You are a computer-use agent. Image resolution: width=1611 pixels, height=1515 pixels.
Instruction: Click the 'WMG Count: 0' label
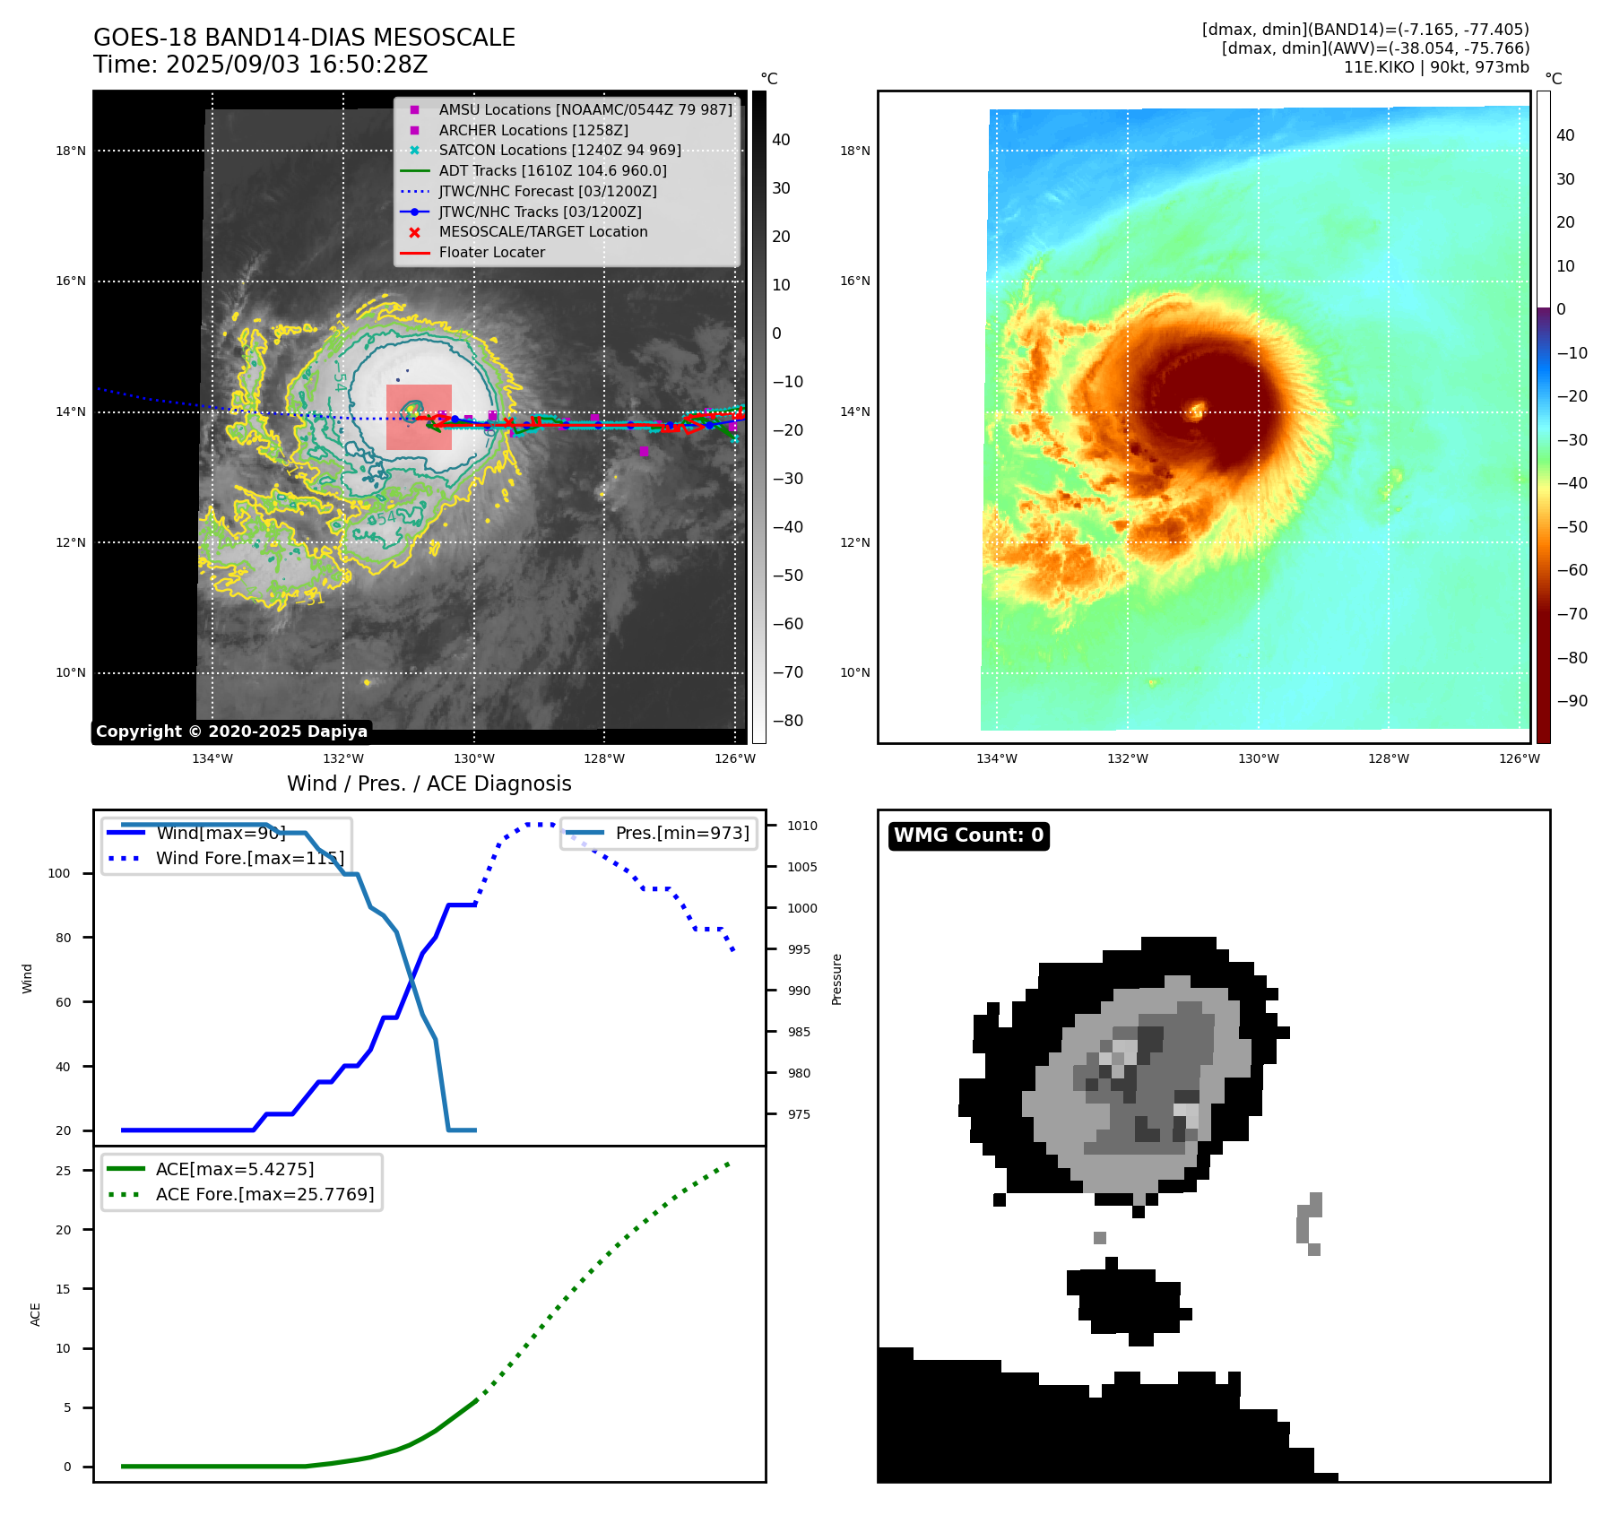tap(968, 835)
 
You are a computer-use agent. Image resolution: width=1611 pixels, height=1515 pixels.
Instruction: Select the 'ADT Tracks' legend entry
tap(552, 170)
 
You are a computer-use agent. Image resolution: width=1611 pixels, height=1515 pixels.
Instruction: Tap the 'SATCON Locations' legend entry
tap(559, 150)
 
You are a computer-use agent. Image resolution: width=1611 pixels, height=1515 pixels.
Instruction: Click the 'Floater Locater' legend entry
tap(491, 252)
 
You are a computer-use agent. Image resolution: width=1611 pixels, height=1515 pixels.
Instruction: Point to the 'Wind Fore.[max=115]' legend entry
tap(249, 858)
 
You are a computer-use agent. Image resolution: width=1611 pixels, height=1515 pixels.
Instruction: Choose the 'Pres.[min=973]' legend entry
tap(682, 833)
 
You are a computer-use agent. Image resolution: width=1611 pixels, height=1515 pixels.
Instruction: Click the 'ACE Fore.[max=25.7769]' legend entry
tap(264, 1194)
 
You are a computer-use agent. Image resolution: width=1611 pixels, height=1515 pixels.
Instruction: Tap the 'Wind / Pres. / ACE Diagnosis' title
tap(429, 783)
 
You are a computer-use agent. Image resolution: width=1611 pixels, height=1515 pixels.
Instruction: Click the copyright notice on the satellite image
tap(231, 732)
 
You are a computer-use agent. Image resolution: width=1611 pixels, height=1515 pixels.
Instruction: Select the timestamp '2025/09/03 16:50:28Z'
tap(297, 65)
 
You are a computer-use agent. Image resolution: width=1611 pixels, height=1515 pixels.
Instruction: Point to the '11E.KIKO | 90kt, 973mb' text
tap(1436, 67)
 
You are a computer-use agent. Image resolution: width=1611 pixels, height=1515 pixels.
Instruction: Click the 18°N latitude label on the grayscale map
tap(71, 151)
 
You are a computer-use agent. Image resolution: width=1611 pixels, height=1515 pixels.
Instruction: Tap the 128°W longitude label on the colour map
tap(1389, 758)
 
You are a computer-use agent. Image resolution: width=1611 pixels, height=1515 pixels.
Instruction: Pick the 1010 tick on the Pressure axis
tap(802, 826)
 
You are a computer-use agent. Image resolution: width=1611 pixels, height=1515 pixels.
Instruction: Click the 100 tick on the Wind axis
tap(59, 873)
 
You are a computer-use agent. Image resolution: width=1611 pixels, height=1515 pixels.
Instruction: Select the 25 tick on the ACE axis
tap(63, 1171)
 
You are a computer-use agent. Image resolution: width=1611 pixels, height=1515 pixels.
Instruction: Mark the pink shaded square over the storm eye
tap(419, 417)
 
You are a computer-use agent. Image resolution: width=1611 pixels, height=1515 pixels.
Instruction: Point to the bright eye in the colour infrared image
tap(1195, 411)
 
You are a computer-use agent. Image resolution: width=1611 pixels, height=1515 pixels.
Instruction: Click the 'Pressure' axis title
tap(837, 979)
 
